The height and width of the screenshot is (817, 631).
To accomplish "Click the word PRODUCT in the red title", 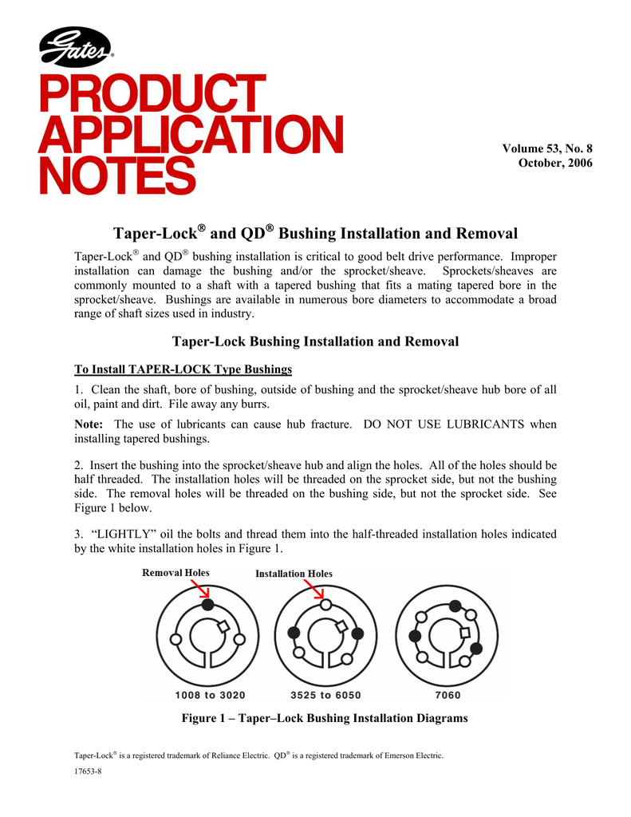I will (x=152, y=94).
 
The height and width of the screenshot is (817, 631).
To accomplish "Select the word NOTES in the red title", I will (x=116, y=176).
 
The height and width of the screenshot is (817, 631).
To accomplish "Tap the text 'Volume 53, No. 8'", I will (x=547, y=148).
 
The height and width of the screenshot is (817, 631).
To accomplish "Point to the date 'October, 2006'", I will (x=555, y=164).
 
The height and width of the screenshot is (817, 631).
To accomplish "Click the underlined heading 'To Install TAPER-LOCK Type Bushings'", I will (x=183, y=369).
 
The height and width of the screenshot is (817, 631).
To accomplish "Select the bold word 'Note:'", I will (x=89, y=424).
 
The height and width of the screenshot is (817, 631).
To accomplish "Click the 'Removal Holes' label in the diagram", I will (x=175, y=573).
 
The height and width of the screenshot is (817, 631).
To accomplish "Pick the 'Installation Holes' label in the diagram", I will (x=294, y=574).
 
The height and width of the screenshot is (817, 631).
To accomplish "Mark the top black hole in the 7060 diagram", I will (x=455, y=606).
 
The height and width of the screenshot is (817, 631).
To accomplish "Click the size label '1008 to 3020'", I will (x=208, y=694).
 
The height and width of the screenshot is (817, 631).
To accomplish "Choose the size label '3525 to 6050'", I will (x=325, y=694).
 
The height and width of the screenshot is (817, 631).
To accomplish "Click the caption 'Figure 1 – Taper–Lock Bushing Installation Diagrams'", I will (x=325, y=719).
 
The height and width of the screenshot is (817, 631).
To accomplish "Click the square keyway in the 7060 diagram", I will (x=464, y=633).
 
